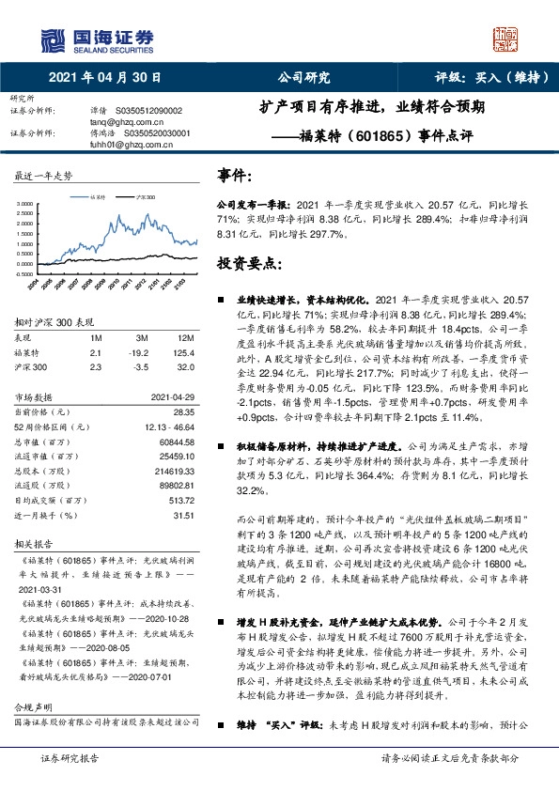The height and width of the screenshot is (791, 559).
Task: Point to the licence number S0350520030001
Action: coord(152,133)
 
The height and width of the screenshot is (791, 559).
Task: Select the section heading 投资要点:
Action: coord(245,264)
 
